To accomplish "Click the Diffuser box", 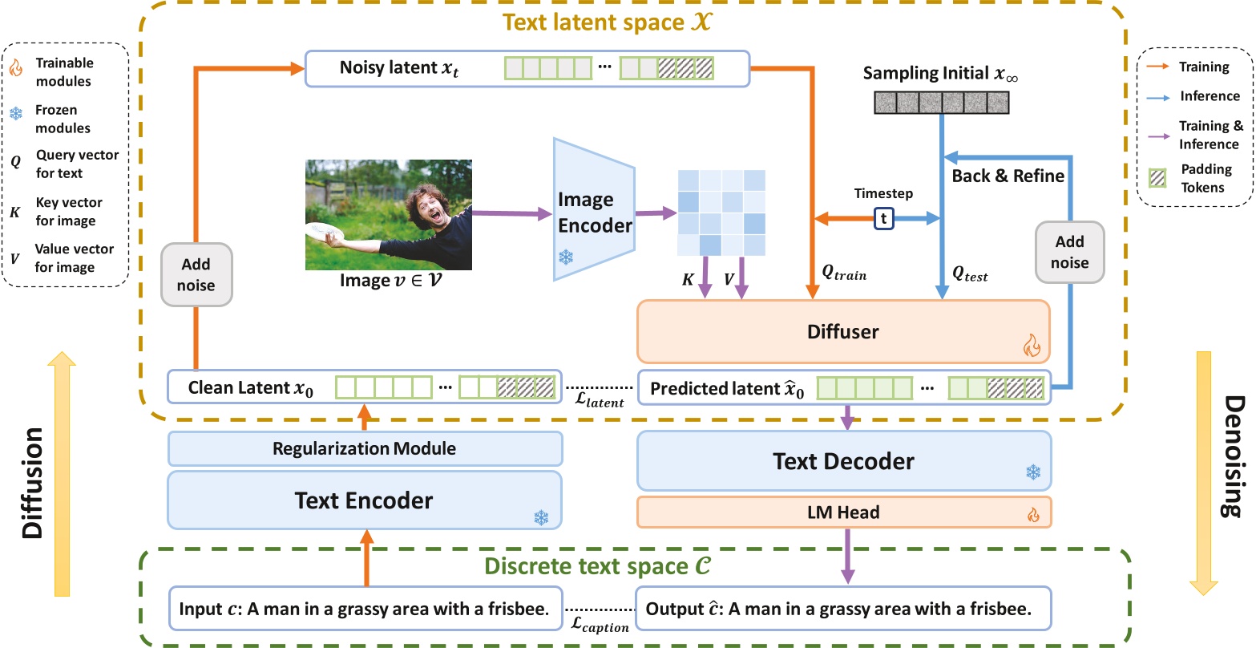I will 842,331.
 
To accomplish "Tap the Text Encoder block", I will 363,500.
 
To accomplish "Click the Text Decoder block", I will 842,461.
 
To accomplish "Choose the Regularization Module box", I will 363,448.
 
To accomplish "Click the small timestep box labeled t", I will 883,217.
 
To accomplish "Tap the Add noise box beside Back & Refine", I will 1069,252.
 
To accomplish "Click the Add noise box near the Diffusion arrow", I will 196,274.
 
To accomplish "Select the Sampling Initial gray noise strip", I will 940,103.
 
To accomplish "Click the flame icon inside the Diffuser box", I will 1030,346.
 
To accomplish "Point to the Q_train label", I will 844,273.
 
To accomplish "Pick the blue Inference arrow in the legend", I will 1159,96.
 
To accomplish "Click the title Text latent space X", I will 616,22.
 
